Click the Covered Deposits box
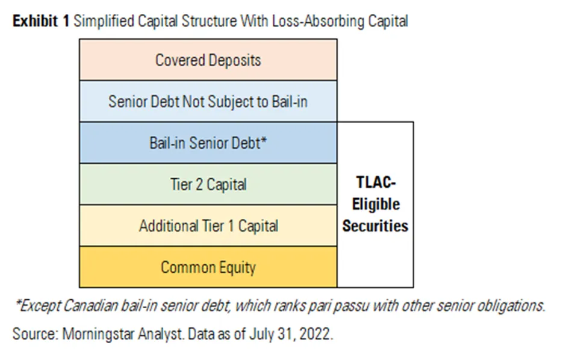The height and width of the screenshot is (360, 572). click(208, 60)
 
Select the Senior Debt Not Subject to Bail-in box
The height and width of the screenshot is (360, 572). click(208, 101)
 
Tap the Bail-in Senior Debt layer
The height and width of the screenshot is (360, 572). click(208, 143)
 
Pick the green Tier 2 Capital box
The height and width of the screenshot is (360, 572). click(208, 184)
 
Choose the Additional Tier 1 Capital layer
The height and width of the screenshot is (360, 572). click(208, 226)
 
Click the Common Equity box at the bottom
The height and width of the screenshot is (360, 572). click(208, 267)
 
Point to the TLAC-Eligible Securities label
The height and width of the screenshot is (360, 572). click(375, 205)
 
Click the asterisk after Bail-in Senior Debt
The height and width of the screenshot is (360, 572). click(264, 141)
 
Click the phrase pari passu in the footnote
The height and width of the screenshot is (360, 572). click(341, 306)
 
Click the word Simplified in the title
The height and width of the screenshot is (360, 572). click(99, 21)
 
